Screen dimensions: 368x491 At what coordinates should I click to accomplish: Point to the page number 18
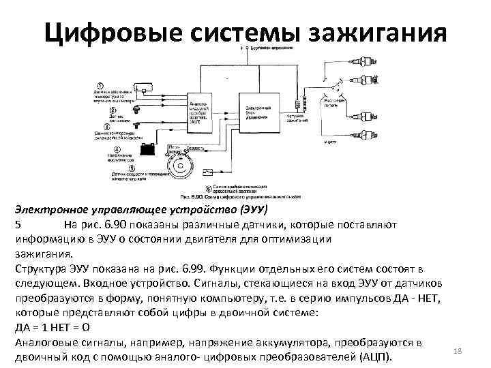point(458,350)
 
